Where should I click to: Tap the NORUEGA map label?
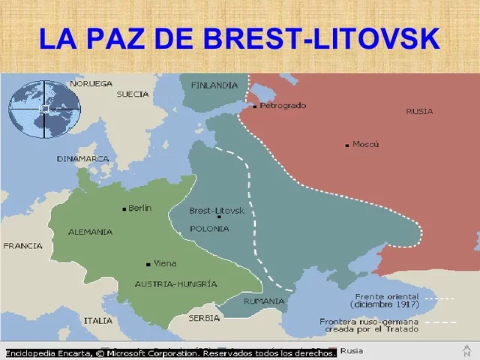click(91, 83)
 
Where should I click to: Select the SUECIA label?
click(133, 94)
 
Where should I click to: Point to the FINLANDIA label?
click(214, 85)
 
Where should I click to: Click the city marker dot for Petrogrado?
click(255, 106)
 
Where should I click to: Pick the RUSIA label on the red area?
click(419, 111)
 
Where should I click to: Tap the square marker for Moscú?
click(346, 145)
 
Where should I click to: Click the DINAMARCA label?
click(82, 159)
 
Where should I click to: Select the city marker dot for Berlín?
click(124, 208)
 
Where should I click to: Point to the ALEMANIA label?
click(90, 232)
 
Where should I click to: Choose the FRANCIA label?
click(22, 246)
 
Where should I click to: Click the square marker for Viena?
click(148, 264)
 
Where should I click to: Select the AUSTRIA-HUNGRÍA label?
click(176, 284)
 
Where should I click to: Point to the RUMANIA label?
click(264, 301)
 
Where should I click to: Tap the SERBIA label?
click(204, 318)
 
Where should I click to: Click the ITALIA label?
click(97, 320)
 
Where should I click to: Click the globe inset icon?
click(43, 109)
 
